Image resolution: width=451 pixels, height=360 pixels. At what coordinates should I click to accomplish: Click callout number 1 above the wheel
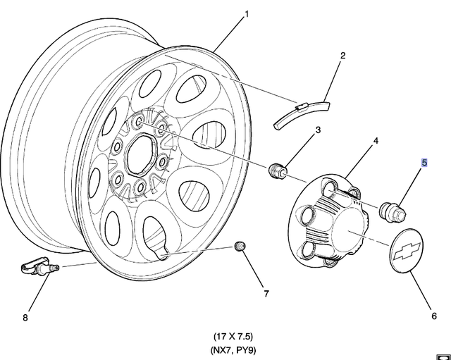tap(246, 14)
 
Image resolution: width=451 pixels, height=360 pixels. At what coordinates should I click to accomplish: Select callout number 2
tap(342, 56)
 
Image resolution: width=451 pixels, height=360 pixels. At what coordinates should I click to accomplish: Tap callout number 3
tap(318, 130)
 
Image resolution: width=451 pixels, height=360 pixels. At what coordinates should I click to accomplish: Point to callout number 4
tap(376, 141)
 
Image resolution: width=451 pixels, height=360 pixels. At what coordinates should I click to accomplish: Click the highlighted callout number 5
tap(424, 163)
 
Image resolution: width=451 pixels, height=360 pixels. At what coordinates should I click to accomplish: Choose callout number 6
tap(434, 316)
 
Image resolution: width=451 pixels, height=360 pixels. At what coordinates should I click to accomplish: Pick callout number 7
tap(266, 294)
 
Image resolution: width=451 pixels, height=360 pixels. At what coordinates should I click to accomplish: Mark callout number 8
tap(25, 318)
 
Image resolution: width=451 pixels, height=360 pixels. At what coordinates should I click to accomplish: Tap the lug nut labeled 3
tap(277, 170)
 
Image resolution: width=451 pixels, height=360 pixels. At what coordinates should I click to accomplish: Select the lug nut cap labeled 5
tap(393, 211)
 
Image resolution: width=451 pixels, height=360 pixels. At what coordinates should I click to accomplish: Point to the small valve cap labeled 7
tap(240, 246)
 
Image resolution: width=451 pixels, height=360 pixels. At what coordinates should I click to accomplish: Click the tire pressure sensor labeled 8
tap(39, 267)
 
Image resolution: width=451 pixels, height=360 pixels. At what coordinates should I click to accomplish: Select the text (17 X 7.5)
tap(233, 336)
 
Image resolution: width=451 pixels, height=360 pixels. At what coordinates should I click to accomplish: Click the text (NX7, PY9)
tap(233, 350)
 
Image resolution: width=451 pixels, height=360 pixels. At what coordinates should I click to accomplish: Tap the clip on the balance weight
tap(302, 107)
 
